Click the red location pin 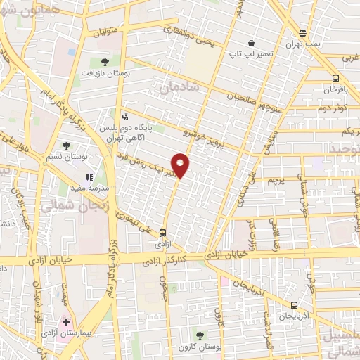(181, 165)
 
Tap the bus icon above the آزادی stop (163, 233)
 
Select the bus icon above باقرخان (336, 79)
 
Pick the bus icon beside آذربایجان (294, 305)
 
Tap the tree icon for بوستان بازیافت (104, 62)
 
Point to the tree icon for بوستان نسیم (66, 146)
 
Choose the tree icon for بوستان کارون (200, 335)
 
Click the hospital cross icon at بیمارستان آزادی (66, 322)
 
